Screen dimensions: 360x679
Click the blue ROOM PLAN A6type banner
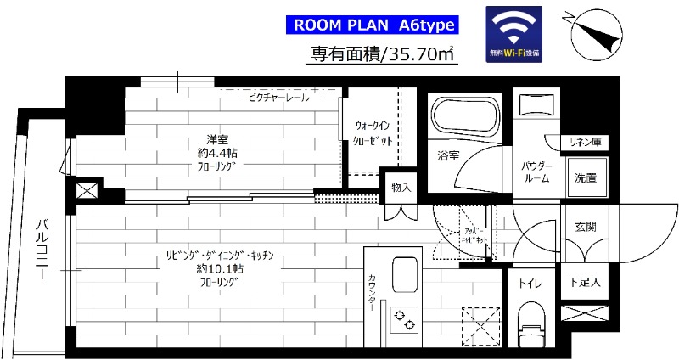coord(375,25)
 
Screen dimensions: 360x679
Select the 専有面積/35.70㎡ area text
coord(383,55)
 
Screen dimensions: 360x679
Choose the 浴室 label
coord(448,156)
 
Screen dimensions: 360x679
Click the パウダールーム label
coord(536,172)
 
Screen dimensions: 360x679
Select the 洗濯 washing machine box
coord(586,177)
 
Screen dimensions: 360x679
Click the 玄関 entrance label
coord(585,227)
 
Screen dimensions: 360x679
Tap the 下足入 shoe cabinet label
coord(586,281)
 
